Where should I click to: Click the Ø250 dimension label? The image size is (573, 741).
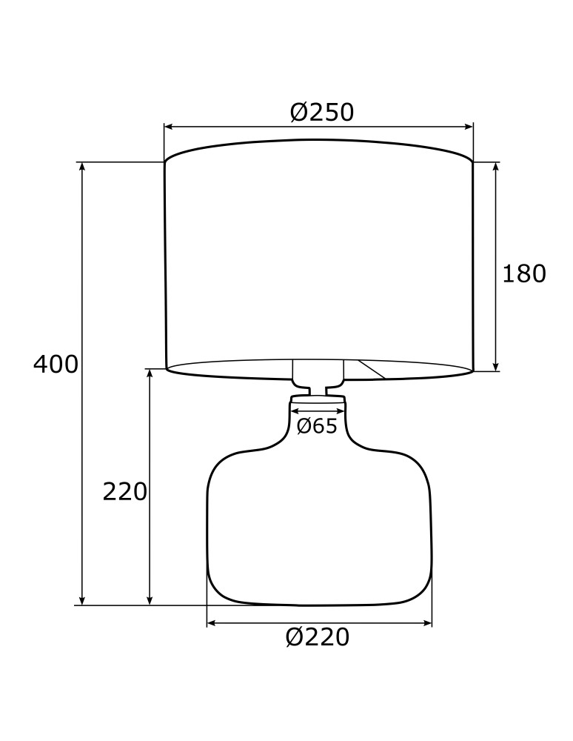click(x=321, y=113)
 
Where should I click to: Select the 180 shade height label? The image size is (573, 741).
click(x=524, y=274)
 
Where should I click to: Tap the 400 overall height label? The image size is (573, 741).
click(x=56, y=365)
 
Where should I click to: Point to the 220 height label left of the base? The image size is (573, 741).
click(x=125, y=492)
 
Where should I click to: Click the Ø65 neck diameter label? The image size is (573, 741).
click(x=317, y=427)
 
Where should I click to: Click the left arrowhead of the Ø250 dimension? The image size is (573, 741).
click(x=168, y=127)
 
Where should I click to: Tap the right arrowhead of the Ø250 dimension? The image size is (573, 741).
click(x=469, y=127)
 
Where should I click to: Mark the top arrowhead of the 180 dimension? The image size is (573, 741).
click(x=496, y=167)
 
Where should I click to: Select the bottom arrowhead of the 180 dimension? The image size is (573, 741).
click(x=496, y=366)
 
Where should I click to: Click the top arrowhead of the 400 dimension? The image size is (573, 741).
click(x=82, y=167)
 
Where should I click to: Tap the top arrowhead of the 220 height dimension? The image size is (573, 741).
click(x=150, y=373)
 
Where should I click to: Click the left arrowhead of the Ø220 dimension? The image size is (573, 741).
click(x=211, y=624)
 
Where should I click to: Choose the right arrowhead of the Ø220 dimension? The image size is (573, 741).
click(x=427, y=624)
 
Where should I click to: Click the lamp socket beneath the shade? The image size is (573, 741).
click(x=318, y=374)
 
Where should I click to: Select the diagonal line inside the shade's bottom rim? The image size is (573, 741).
click(x=372, y=369)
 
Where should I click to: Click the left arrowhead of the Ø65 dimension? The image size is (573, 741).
click(x=294, y=410)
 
